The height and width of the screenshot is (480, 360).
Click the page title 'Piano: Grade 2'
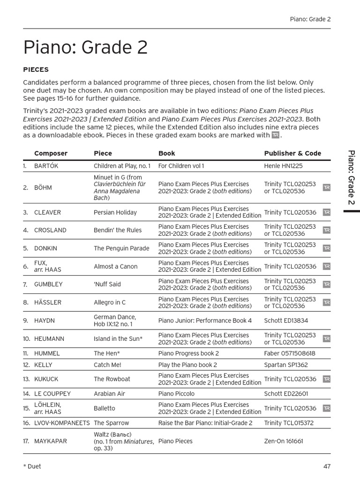coord(85,48)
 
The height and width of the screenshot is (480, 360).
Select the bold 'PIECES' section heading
coord(36,69)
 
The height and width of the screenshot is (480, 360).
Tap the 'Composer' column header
coord(51,153)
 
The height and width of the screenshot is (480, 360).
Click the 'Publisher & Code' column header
coord(292,153)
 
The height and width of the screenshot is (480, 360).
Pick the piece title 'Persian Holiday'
coord(115,212)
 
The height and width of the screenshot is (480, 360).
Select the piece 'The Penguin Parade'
coord(121,248)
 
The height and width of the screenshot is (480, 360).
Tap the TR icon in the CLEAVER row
coord(327,212)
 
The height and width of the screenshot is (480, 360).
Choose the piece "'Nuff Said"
coord(107,285)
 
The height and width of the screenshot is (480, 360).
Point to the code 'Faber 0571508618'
coord(290,353)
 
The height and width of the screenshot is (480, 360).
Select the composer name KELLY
coord(43,365)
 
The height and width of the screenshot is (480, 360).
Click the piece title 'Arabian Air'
coord(109,394)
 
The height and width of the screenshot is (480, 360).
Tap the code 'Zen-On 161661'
coord(284,441)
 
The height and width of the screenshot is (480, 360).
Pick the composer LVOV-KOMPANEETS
coord(62,423)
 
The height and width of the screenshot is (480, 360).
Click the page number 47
coord(327,466)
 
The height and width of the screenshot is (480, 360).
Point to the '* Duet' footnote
coord(32,466)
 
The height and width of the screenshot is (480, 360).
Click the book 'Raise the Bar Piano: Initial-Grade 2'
coord(205,423)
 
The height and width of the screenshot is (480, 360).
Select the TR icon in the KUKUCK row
coord(327,379)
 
